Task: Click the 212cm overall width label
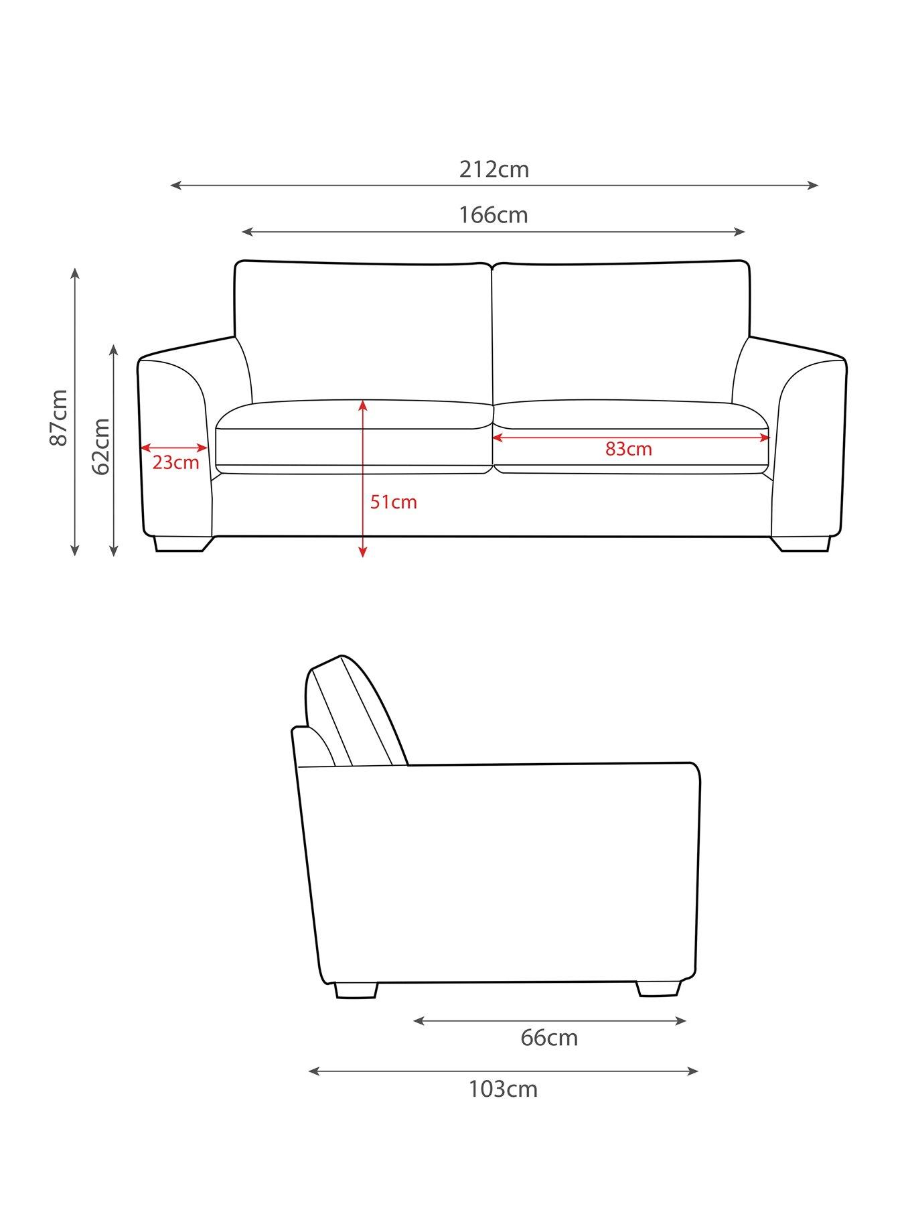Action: click(x=494, y=170)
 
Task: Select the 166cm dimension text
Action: click(x=494, y=215)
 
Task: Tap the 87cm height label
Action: click(x=59, y=417)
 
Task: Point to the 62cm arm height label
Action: click(x=100, y=446)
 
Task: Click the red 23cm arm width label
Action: click(x=175, y=463)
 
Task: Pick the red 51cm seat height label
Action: click(x=394, y=502)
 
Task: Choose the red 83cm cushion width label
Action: click(x=628, y=449)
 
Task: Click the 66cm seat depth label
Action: click(x=549, y=1038)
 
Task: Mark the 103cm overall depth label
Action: click(x=503, y=1089)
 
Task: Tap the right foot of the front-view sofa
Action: click(x=802, y=543)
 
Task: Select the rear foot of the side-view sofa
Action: click(x=356, y=990)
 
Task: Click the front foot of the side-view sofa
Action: click(x=658, y=988)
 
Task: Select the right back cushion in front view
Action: click(x=619, y=332)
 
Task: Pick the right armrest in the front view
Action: click(x=807, y=442)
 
